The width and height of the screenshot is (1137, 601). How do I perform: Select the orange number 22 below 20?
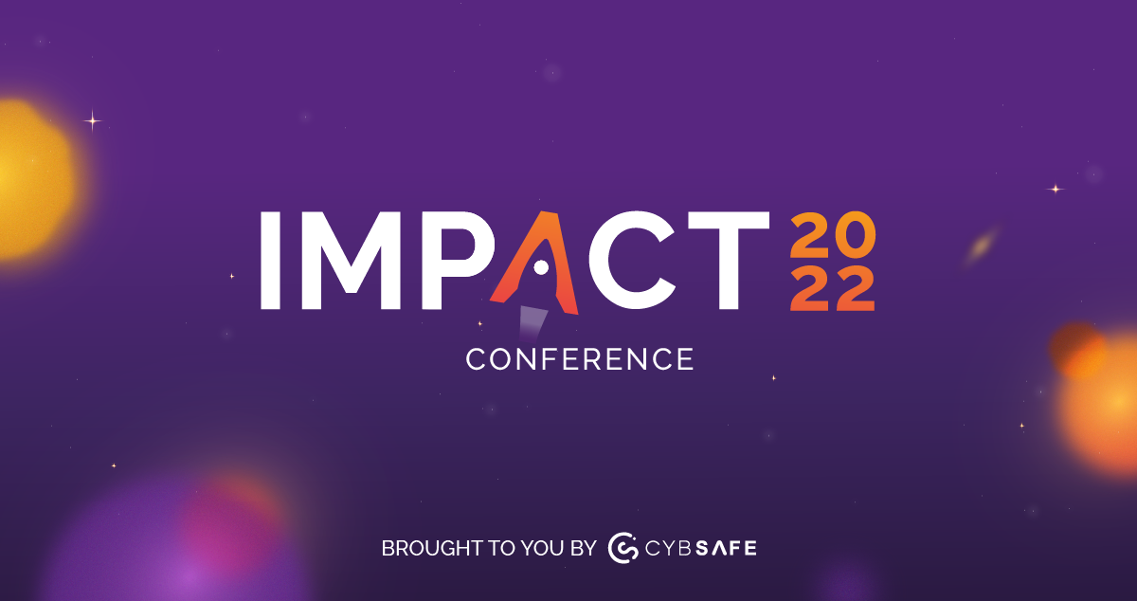(x=832, y=289)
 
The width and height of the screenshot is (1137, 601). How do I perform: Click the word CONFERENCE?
(x=580, y=360)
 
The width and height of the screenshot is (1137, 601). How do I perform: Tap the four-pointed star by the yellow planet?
(x=93, y=120)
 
